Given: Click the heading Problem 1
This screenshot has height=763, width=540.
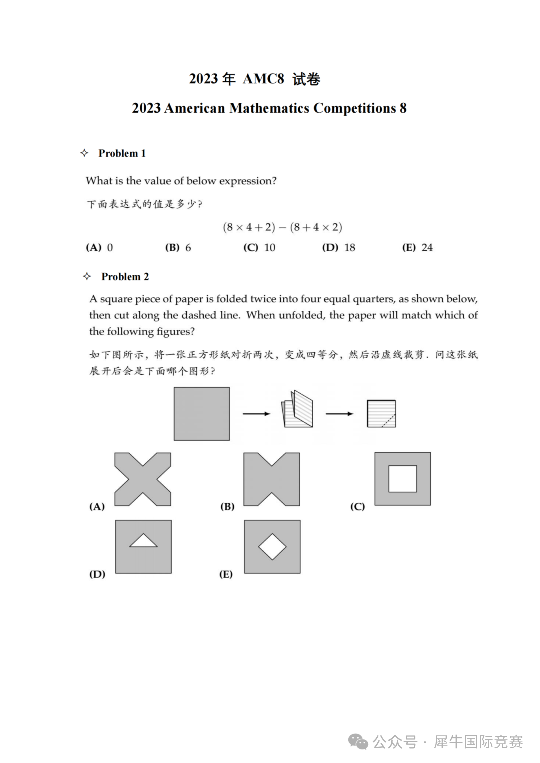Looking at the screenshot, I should click(122, 153).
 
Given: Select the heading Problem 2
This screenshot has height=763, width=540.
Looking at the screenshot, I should click(125, 277).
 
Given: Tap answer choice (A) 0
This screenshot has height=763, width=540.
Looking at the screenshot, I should click(99, 248).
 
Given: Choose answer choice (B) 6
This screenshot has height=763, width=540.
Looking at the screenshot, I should click(178, 248).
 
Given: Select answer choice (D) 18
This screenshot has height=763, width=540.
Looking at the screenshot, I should click(338, 248).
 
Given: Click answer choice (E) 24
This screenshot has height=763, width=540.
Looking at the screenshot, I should click(417, 248).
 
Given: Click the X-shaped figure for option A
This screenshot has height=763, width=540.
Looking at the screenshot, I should click(143, 479).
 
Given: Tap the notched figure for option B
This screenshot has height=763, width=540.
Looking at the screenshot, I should click(272, 479).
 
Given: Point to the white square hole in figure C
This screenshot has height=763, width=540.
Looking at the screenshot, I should click(403, 479).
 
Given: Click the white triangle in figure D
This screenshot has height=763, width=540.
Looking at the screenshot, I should click(143, 541).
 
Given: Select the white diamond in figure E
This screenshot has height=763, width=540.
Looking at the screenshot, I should click(272, 547).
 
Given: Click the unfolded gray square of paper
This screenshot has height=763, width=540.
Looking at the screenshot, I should click(202, 414).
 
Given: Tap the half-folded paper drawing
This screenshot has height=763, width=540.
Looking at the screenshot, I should click(298, 410).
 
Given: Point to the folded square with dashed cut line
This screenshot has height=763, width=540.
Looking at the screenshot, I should click(381, 414).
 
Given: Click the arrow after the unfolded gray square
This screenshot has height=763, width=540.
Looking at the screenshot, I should click(256, 414).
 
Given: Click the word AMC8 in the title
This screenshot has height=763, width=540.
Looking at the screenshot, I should click(263, 79).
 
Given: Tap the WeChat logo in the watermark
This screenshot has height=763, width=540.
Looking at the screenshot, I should click(358, 742).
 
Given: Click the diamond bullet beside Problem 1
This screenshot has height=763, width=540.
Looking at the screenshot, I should click(84, 153).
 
